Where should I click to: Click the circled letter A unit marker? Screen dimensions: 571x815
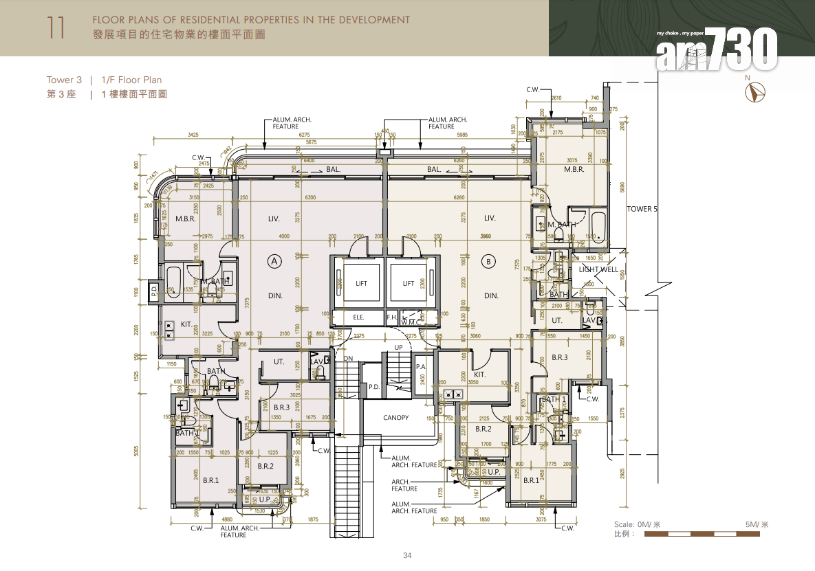(274, 261)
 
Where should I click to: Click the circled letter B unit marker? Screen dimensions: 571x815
(489, 261)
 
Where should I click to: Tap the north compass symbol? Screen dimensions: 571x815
(758, 92)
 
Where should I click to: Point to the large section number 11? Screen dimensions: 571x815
(57, 27)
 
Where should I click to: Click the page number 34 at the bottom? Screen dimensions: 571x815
(407, 555)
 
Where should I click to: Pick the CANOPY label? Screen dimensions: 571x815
(395, 418)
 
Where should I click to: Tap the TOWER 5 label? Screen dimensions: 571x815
(642, 209)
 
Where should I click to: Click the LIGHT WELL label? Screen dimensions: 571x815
(598, 270)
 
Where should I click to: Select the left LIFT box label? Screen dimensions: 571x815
(361, 283)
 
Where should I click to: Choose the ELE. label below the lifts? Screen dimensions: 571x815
(358, 317)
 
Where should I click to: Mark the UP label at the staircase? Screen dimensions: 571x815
(398, 348)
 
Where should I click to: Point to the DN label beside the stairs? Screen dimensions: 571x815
(348, 358)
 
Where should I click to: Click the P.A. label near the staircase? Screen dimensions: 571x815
(422, 367)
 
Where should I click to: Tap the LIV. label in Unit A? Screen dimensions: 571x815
(274, 219)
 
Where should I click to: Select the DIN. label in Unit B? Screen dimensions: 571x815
(491, 296)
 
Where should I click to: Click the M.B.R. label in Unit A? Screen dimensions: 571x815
(186, 219)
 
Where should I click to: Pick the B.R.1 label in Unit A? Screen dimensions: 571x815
(210, 480)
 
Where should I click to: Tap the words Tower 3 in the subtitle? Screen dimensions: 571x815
(64, 80)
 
